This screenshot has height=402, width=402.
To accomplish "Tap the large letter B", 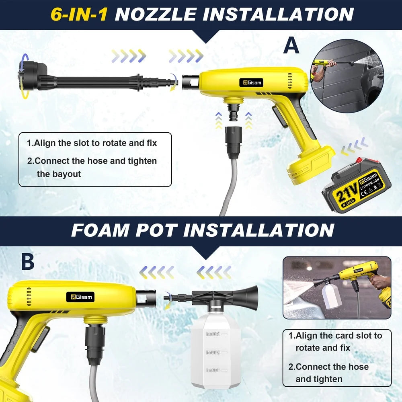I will pos(28,262).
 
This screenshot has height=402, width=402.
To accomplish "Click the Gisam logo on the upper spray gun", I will pos(251,82).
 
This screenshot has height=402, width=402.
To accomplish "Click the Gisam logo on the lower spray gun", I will pos(80,297).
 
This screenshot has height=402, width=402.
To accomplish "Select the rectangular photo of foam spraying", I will pos(337,287).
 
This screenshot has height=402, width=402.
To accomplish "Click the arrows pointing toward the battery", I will pos(354,147).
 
